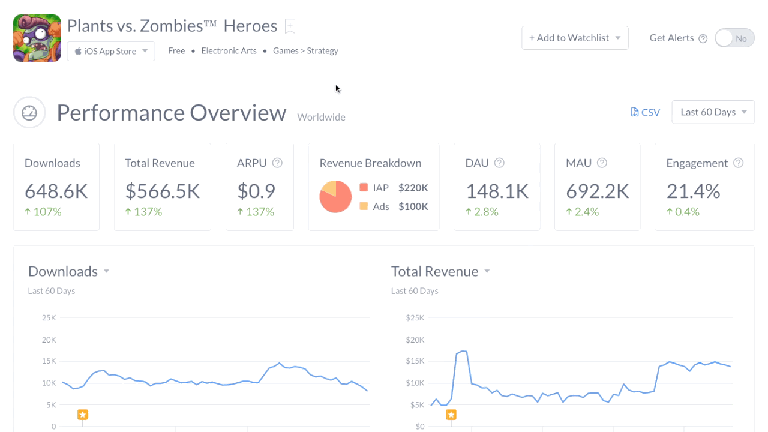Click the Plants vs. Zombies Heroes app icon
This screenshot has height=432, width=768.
(x=37, y=38)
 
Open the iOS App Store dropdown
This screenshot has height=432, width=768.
(x=111, y=52)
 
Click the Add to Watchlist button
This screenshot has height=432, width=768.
(x=575, y=38)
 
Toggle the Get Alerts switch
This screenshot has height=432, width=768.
(x=734, y=38)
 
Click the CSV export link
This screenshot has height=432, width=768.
(x=645, y=112)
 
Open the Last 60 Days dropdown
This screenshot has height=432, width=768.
(x=713, y=112)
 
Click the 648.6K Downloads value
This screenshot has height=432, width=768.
(x=56, y=191)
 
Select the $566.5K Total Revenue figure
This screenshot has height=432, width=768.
(x=162, y=191)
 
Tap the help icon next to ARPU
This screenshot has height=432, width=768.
(x=277, y=163)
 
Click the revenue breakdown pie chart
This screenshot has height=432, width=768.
(x=335, y=197)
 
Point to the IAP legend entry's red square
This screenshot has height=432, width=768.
(x=364, y=188)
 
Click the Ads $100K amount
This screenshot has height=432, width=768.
(x=413, y=206)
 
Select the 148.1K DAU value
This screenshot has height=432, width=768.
(x=497, y=191)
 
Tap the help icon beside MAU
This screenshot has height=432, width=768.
(x=602, y=163)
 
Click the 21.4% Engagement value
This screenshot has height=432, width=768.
(x=693, y=191)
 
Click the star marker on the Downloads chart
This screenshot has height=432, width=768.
(x=83, y=415)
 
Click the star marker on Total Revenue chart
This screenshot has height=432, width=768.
(x=451, y=415)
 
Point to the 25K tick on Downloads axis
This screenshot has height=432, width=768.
(x=49, y=317)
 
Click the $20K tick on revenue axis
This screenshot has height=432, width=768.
(x=415, y=340)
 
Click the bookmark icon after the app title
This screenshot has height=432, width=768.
(x=290, y=26)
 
